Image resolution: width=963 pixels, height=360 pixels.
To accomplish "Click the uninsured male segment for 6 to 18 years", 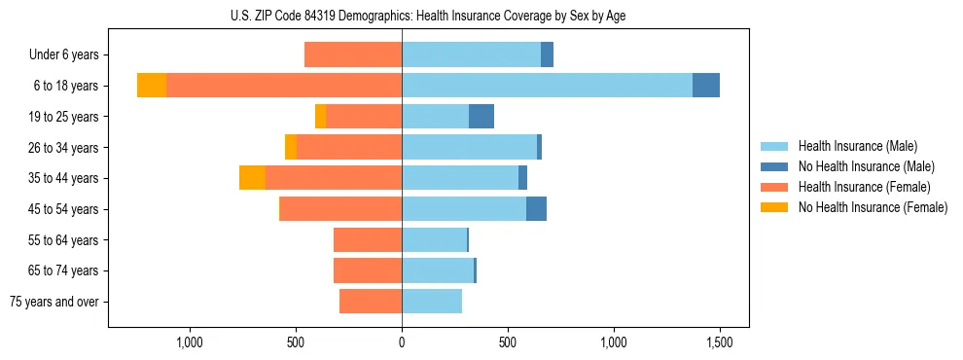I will (706, 86).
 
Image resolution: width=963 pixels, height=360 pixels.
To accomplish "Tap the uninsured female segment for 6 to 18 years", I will (152, 86).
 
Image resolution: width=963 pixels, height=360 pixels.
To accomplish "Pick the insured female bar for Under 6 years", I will (353, 54).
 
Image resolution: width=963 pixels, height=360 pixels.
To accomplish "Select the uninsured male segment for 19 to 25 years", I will (481, 117).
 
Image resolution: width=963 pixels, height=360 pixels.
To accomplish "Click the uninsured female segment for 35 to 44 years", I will (253, 178).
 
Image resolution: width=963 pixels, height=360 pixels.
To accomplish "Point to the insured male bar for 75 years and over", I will (432, 302).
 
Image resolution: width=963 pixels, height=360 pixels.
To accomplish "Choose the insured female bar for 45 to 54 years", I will (340, 209).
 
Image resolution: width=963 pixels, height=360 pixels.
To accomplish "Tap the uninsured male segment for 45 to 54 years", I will (536, 209).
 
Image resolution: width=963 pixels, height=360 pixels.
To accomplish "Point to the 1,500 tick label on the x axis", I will (719, 343).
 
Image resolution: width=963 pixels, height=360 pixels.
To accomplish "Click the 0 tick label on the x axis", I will (402, 343).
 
